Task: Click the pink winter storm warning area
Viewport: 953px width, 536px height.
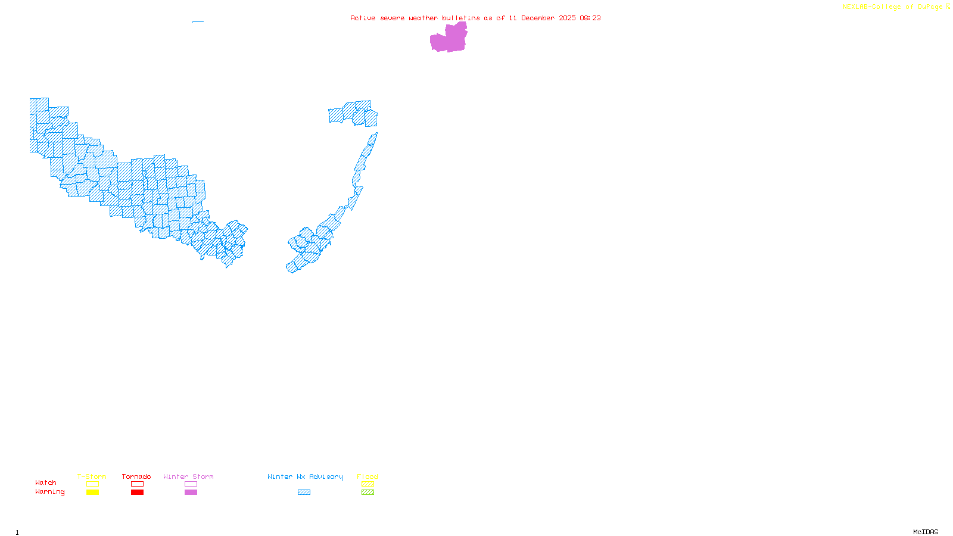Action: click(448, 39)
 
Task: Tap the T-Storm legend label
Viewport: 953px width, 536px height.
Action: click(92, 476)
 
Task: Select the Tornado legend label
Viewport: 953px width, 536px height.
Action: click(136, 476)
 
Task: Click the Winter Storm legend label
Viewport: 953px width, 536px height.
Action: click(188, 476)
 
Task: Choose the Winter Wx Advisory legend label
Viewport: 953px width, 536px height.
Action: click(305, 476)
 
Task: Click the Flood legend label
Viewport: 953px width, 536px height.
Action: click(368, 476)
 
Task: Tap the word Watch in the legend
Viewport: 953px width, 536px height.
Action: click(46, 482)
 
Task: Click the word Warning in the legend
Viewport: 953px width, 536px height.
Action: click(49, 492)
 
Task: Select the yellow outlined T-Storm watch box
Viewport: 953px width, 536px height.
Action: click(92, 484)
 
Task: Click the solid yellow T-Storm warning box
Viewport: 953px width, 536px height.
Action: click(92, 493)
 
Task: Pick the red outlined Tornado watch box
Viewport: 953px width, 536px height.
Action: click(137, 484)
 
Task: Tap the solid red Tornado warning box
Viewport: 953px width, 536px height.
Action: click(137, 493)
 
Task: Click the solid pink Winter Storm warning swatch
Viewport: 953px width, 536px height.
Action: click(191, 493)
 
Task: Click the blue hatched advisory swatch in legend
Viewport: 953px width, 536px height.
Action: click(304, 493)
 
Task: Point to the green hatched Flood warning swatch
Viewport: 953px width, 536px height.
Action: click(368, 493)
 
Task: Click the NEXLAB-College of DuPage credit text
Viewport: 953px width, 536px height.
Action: click(893, 7)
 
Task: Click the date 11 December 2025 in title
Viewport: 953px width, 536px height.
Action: click(542, 18)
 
